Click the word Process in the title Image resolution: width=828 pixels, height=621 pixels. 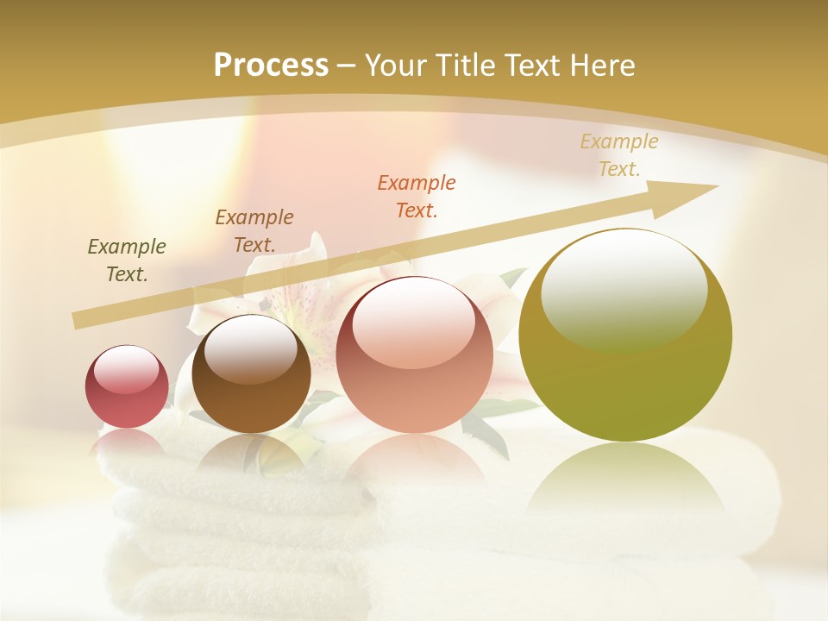point(271,66)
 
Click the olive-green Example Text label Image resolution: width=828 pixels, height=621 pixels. point(127,260)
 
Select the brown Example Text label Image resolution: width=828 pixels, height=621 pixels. point(254,231)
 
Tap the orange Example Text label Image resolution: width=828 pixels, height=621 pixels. point(417,197)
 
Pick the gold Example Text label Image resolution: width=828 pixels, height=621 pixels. point(618,155)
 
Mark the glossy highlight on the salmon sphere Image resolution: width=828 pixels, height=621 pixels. point(413,323)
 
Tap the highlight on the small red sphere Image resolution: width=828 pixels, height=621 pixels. point(127,369)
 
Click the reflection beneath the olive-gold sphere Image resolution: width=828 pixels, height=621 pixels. point(625,479)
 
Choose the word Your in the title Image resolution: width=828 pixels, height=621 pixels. point(397,66)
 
